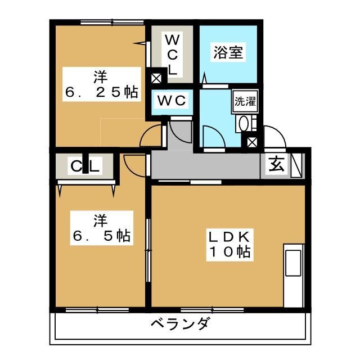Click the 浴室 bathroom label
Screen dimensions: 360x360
point(228,52)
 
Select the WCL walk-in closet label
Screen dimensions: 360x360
point(172,55)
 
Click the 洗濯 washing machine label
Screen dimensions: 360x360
point(245,102)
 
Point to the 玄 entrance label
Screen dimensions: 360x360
point(276,165)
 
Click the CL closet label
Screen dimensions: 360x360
point(85,166)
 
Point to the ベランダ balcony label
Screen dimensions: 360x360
point(180,325)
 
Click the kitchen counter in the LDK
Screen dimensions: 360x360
point(294,276)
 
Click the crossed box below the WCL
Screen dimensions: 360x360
point(156,78)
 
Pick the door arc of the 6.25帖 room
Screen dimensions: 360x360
point(151,137)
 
